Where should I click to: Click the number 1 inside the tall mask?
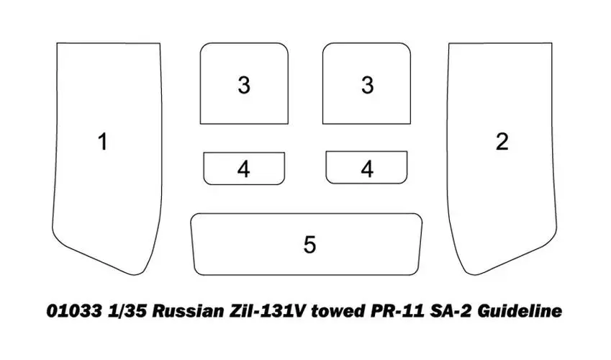click(x=102, y=142)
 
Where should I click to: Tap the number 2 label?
click(x=502, y=142)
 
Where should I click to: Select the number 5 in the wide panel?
click(x=309, y=245)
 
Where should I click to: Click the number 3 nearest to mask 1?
click(x=244, y=85)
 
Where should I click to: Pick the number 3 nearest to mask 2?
click(x=367, y=85)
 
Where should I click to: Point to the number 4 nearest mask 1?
click(x=243, y=169)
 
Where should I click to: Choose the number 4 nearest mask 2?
click(x=367, y=169)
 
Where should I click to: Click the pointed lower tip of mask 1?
click(x=135, y=275)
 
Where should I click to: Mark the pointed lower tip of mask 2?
click(x=474, y=275)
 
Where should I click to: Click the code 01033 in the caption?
click(x=74, y=311)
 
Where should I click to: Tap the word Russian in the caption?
click(x=188, y=311)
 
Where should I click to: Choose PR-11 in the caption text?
click(x=394, y=311)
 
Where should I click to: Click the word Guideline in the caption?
click(x=520, y=311)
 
